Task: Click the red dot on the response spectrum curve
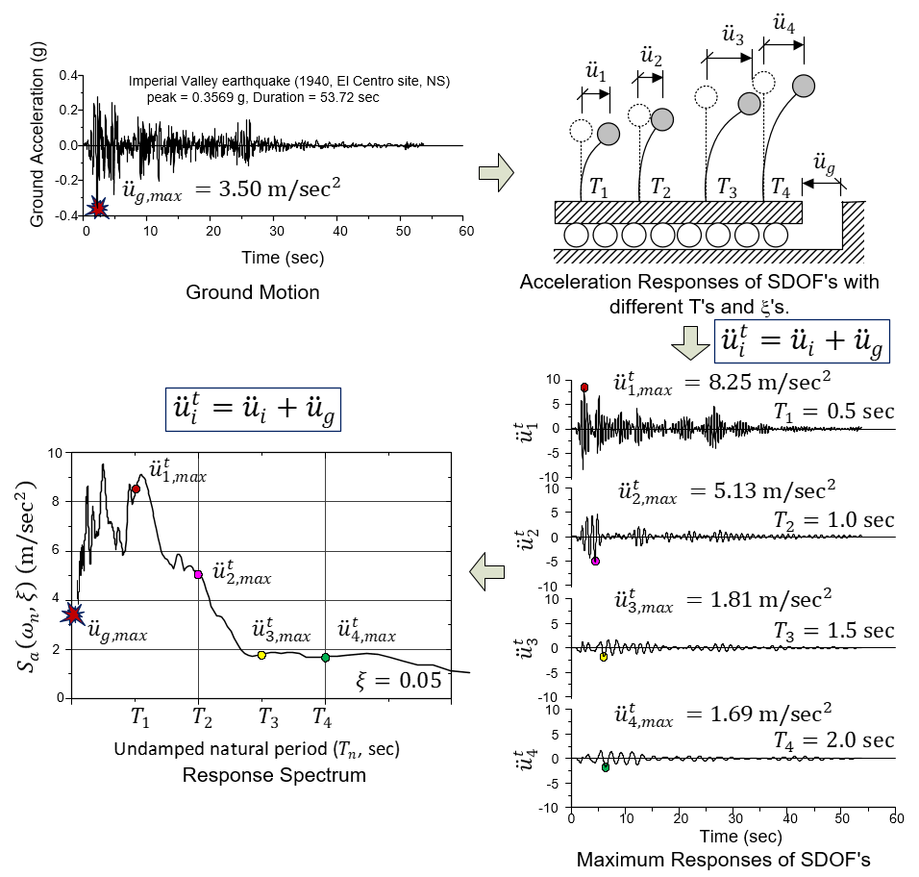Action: point(136,489)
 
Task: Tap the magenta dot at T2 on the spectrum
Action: point(198,574)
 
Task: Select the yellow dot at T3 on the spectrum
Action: point(261,655)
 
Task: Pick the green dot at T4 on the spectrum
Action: point(325,658)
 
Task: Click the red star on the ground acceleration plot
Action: point(97,208)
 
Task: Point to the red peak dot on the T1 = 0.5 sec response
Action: point(584,387)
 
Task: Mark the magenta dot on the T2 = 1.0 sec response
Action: point(595,561)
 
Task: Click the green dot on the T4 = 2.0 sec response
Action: point(605,767)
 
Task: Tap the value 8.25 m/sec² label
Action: point(759,380)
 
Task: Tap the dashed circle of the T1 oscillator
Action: point(581,130)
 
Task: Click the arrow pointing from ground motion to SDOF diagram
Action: point(495,173)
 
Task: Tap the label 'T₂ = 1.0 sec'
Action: point(834,519)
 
